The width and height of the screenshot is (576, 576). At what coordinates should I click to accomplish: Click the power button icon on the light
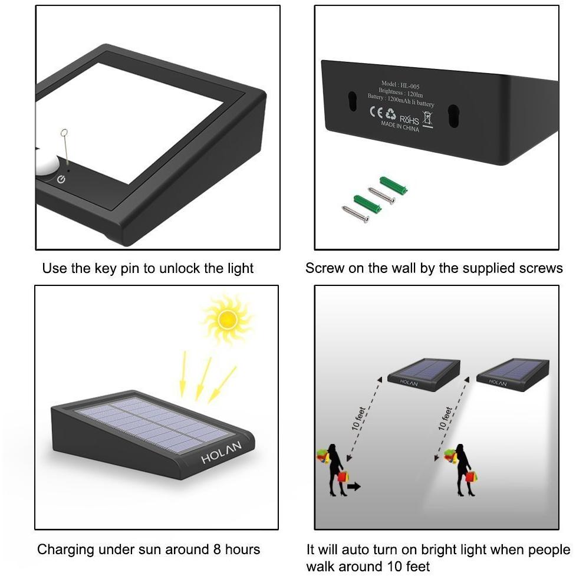tap(61, 179)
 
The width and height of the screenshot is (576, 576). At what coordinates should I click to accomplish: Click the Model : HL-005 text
tap(400, 85)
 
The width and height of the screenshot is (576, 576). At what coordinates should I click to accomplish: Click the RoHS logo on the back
tap(409, 119)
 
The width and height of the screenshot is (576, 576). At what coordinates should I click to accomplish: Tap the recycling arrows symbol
tap(391, 114)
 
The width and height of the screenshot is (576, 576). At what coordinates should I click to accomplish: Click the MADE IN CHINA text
tap(400, 126)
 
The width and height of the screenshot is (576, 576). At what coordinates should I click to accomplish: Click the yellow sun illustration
tap(226, 319)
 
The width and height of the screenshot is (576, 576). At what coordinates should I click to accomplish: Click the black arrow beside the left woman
tap(354, 486)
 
